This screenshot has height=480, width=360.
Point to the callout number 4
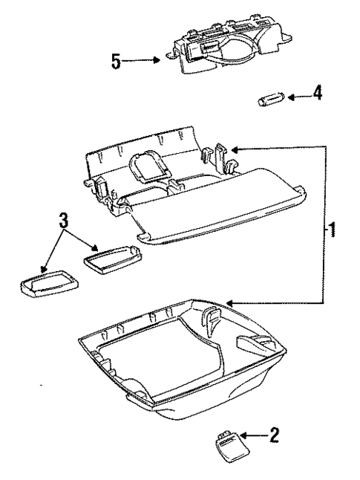317,95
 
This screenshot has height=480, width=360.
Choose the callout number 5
116,59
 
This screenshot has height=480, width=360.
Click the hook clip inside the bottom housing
211,321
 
